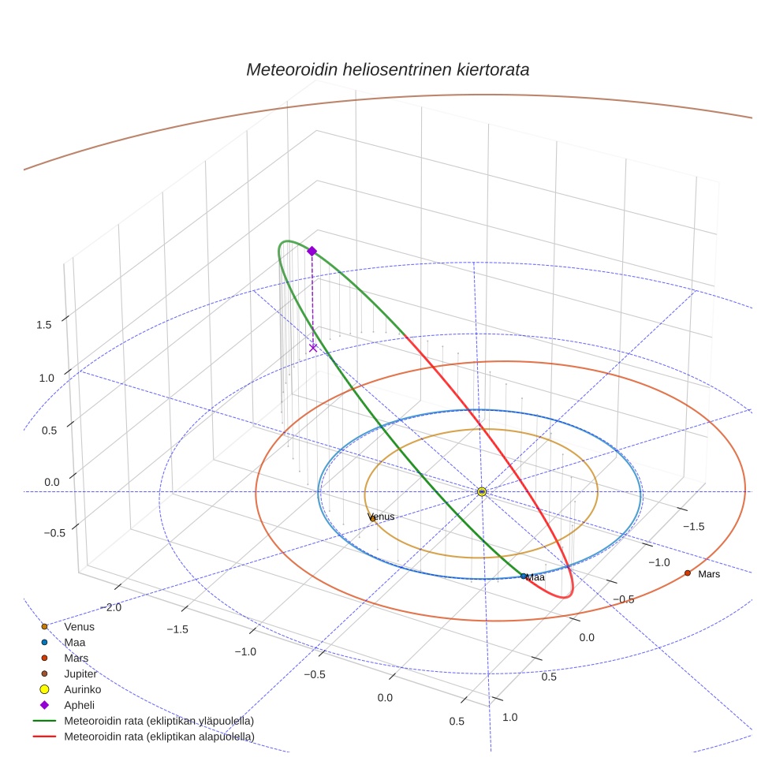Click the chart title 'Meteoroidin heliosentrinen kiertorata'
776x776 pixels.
(x=387, y=69)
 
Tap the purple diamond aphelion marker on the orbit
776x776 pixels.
(x=312, y=251)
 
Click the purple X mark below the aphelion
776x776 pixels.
(x=313, y=347)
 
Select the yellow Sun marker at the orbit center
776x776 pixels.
(x=482, y=491)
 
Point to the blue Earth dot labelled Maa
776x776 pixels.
(x=524, y=576)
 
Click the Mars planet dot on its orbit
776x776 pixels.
(x=688, y=573)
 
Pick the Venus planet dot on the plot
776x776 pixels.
(x=372, y=518)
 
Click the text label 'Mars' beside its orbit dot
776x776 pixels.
(x=709, y=574)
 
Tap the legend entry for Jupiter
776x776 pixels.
(x=80, y=674)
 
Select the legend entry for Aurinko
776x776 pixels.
(x=82, y=689)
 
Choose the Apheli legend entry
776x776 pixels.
(x=79, y=705)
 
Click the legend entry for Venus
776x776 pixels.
(x=79, y=627)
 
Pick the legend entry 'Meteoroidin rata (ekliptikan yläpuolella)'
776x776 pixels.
(x=159, y=721)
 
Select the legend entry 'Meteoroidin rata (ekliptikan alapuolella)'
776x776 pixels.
(x=159, y=737)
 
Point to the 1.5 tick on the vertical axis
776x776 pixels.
(x=44, y=324)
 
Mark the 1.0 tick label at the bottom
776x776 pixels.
(x=510, y=717)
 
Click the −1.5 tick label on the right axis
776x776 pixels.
(x=693, y=526)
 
